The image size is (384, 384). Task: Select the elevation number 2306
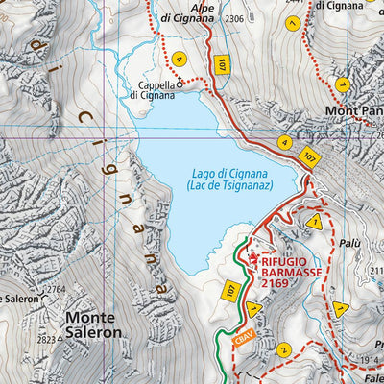pos(235,19)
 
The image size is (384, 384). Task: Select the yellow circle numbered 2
pos(282,349)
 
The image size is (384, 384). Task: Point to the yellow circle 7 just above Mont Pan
pos(341,84)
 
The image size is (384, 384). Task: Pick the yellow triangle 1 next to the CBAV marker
pos(252,309)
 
